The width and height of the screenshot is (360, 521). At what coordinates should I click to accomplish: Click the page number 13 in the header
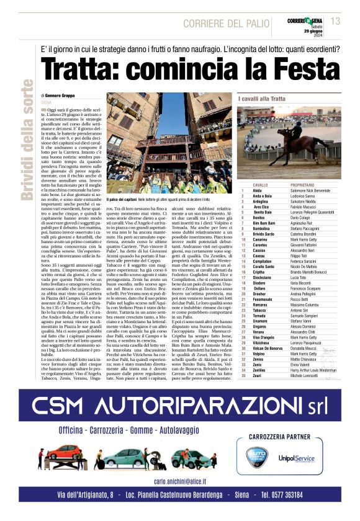point(336,22)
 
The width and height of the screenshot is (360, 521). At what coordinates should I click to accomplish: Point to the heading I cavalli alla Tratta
point(262,99)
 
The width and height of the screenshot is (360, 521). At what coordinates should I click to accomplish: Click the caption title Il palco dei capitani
point(126,200)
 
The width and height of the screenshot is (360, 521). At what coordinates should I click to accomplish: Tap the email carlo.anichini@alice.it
point(179,481)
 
